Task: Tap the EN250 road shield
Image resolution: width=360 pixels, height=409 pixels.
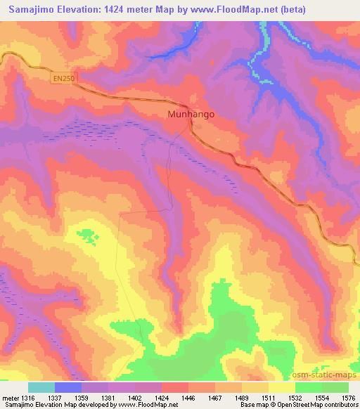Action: pyautogui.click(x=62, y=79)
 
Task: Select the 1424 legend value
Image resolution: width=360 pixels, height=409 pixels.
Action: pyautogui.click(x=168, y=398)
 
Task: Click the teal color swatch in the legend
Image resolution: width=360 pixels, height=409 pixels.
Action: pyautogui.click(x=41, y=387)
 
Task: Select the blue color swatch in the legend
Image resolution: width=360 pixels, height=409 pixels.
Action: pyautogui.click(x=68, y=387)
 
